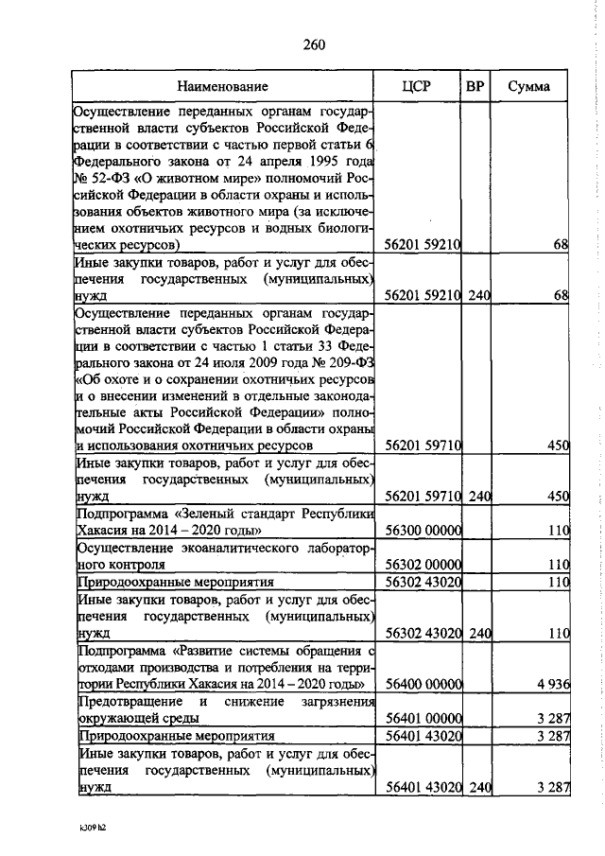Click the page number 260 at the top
(314, 44)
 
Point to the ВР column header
(476, 87)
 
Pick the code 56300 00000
(423, 531)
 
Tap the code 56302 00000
(423, 564)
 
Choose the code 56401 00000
(423, 718)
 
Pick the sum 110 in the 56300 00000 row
(557, 531)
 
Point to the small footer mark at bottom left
(91, 826)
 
